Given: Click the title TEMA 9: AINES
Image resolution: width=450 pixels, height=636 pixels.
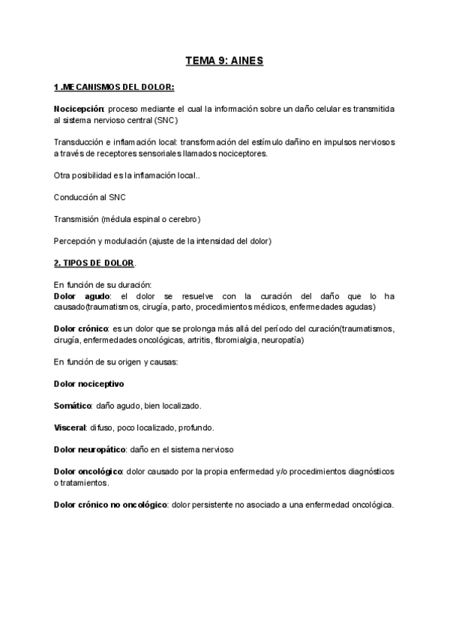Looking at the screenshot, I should [224, 60].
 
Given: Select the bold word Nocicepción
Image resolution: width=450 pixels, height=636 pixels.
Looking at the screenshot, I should [79, 109].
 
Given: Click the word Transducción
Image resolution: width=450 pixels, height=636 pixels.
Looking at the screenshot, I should [79, 142].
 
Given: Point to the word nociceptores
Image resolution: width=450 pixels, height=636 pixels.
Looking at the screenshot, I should [242, 153].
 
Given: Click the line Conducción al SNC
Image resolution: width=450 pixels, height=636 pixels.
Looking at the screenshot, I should [90, 197].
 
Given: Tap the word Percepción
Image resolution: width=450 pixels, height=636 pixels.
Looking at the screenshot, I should [75, 241].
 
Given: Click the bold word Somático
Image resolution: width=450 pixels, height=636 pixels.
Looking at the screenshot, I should [73, 406].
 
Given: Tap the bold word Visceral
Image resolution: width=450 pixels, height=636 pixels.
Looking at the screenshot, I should [70, 427].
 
